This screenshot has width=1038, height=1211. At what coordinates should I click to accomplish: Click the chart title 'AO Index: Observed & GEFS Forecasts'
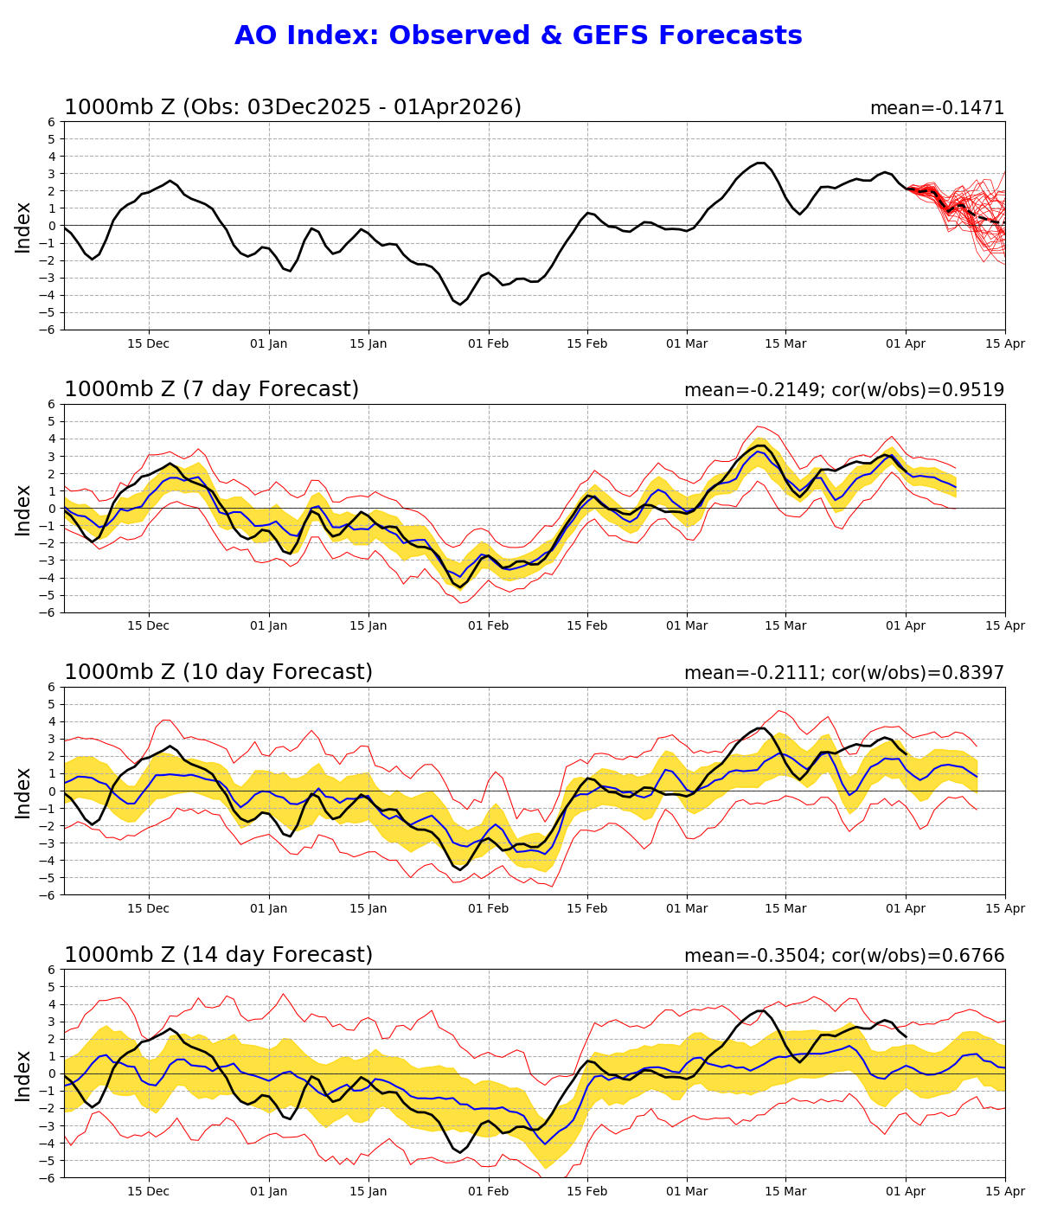[518, 35]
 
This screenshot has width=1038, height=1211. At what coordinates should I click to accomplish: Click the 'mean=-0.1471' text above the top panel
[937, 108]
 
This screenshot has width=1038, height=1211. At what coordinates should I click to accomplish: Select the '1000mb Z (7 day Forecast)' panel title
[211, 389]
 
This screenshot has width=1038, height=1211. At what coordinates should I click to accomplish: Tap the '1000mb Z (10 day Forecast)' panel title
[218, 672]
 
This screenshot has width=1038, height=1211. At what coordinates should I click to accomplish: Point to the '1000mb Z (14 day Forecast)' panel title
[218, 955]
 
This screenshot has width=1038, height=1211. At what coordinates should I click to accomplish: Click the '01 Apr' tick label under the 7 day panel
[906, 625]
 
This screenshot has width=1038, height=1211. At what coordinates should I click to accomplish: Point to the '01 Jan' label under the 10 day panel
[268, 908]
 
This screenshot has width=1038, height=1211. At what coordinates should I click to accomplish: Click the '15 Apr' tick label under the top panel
[1005, 343]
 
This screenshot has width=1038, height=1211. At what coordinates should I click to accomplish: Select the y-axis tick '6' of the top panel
[52, 121]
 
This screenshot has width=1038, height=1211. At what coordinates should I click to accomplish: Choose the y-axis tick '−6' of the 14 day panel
[48, 1177]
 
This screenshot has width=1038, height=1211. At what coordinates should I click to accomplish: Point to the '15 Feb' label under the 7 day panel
[587, 625]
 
